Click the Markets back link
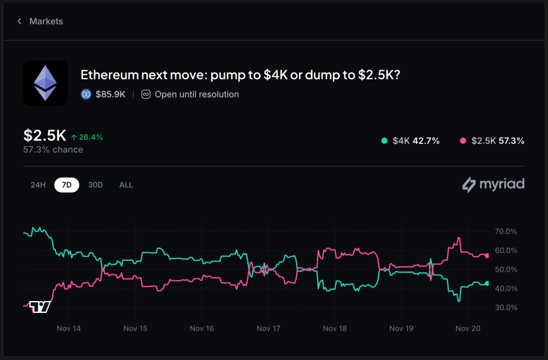(x=40, y=22)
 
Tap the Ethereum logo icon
(x=45, y=83)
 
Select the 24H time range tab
(x=38, y=185)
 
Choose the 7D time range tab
(x=66, y=185)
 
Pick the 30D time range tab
(x=95, y=185)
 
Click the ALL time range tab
(x=126, y=185)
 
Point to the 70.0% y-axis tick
(x=506, y=231)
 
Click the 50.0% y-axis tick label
(x=506, y=269)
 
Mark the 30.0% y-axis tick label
(x=506, y=307)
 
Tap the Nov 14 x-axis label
(x=69, y=328)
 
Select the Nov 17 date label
(x=268, y=328)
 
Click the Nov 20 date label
(x=468, y=328)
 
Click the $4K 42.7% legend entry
(x=411, y=141)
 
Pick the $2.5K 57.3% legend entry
(x=492, y=141)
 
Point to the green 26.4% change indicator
(x=87, y=137)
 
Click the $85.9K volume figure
(x=111, y=94)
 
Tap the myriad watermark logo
(x=493, y=184)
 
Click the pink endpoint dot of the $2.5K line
(x=487, y=256)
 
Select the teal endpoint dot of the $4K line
(x=487, y=283)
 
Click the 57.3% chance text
(x=53, y=150)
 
